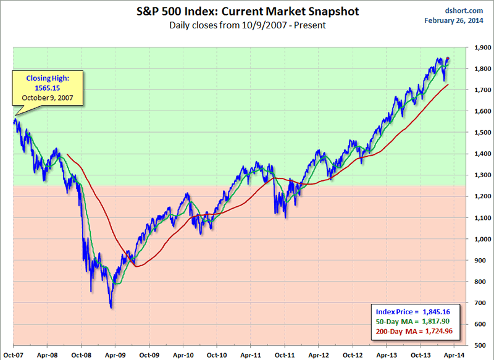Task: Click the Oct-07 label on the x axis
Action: (x=13, y=354)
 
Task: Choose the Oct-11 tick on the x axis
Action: (x=284, y=354)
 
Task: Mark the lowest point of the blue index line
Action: (x=111, y=308)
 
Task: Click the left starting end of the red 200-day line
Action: (x=66, y=154)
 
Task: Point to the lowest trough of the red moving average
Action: (x=136, y=266)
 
